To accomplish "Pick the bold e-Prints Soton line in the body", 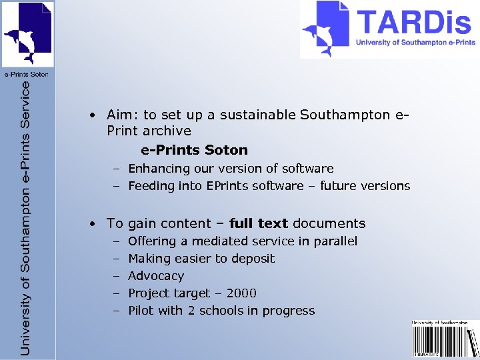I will pos(194,150).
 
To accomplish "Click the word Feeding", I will pos(151,186).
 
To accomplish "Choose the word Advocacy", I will pos(156,276).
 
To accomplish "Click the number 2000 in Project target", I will pos(241,293).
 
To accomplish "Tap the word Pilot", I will pos(141,311).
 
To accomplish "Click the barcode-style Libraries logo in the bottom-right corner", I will pos(445,339).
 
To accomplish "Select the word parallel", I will pos(334,241).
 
